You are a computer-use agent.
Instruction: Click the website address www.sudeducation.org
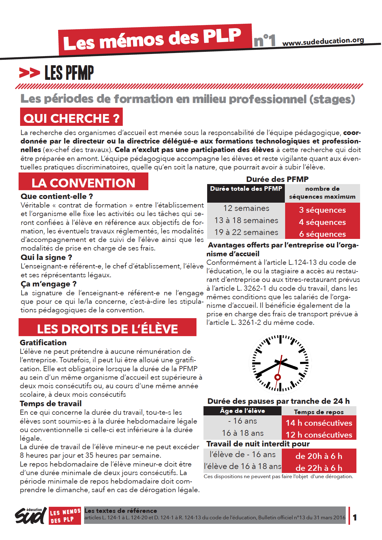[323, 42]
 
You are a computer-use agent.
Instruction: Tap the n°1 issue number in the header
[264, 41]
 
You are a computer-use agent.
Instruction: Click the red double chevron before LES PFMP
[29, 73]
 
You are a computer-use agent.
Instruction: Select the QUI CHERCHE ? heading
[72, 118]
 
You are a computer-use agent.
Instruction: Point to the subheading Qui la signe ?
[46, 258]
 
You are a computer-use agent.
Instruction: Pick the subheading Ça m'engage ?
[48, 284]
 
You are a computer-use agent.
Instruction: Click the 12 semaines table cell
[246, 208]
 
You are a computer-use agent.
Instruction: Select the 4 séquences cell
[322, 222]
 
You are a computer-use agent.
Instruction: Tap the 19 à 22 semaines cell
[246, 232]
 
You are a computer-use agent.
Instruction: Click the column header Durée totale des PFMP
[246, 189]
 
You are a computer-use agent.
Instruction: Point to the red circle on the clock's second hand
[278, 377]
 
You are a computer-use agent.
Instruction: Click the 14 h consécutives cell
[319, 423]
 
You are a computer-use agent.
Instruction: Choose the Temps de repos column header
[319, 412]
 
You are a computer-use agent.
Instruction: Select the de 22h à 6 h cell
[319, 468]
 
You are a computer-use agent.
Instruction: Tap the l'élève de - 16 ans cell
[242, 455]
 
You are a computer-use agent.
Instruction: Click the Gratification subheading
[43, 343]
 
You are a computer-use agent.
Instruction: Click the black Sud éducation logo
[30, 516]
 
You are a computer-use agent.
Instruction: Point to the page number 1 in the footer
[355, 517]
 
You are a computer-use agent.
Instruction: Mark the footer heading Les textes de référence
[121, 511]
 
